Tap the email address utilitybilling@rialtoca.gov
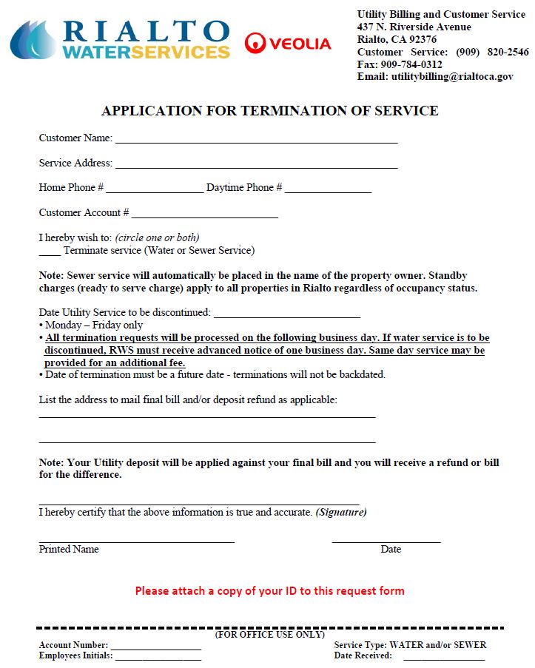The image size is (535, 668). (452, 76)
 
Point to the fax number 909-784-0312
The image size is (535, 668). (411, 64)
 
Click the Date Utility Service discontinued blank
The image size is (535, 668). (286, 314)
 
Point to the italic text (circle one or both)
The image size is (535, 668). (157, 237)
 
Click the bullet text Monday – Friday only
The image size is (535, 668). (94, 325)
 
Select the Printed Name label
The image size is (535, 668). (69, 549)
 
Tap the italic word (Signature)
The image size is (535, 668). (341, 512)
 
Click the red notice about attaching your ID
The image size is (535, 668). (269, 591)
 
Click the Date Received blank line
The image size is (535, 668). (443, 656)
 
